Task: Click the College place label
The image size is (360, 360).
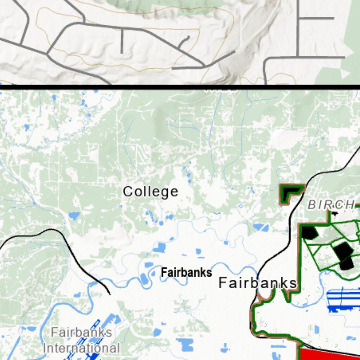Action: click(150, 192)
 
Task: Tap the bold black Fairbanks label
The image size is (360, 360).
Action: click(186, 272)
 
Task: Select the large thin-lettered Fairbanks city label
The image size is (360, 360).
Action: click(257, 283)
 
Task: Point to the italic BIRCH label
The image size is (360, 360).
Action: click(330, 205)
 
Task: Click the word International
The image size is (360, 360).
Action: click(81, 348)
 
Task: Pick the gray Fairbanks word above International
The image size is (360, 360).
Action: click(81, 332)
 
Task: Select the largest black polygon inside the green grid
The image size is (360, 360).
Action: click(344, 255)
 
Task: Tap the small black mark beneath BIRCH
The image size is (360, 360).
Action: click(334, 213)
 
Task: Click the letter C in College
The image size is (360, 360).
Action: click(127, 192)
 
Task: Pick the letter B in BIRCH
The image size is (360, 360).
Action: click(312, 205)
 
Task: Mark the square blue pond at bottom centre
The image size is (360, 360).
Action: click(185, 344)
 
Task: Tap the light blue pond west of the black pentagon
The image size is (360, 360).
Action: click(261, 227)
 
